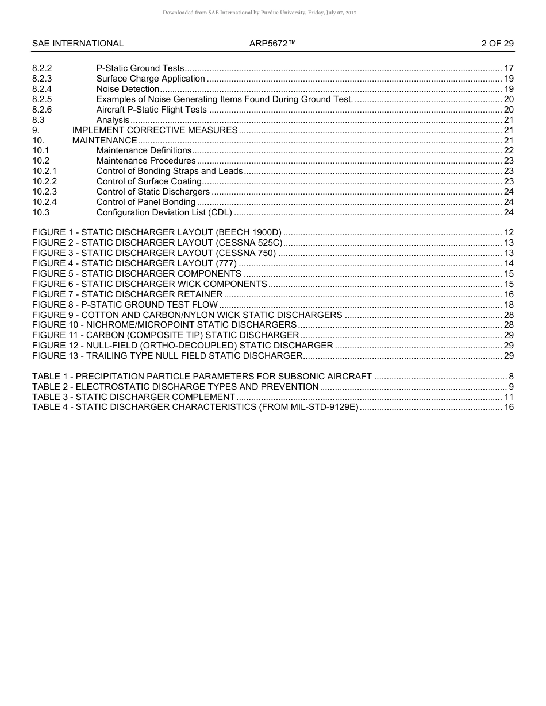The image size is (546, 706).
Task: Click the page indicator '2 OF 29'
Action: tap(497, 44)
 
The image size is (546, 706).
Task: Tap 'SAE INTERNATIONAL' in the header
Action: tap(78, 44)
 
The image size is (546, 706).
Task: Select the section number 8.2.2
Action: tap(42, 68)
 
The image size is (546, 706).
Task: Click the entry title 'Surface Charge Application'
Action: tap(151, 79)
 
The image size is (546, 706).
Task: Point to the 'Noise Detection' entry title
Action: tap(128, 89)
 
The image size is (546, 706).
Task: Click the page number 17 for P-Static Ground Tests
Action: tap(508, 68)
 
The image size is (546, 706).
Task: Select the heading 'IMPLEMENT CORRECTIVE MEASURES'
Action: tap(155, 130)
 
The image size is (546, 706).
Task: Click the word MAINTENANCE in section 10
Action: tap(105, 141)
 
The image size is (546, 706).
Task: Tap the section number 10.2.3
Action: tap(44, 192)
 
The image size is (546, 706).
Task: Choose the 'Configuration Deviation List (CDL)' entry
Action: tap(164, 212)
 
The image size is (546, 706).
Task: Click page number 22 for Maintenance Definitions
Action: tap(508, 150)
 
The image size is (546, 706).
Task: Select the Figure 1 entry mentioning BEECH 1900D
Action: tap(157, 232)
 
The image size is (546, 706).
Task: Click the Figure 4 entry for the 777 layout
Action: tap(134, 263)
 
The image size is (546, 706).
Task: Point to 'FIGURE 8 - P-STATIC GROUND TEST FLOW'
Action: tap(125, 305)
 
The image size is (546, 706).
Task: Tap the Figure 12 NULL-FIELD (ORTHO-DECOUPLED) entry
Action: tap(182, 346)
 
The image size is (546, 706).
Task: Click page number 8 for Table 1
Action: tap(511, 377)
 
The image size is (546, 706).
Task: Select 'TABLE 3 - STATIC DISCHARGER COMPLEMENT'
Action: tap(133, 397)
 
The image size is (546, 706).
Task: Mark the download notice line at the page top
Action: tap(259, 12)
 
